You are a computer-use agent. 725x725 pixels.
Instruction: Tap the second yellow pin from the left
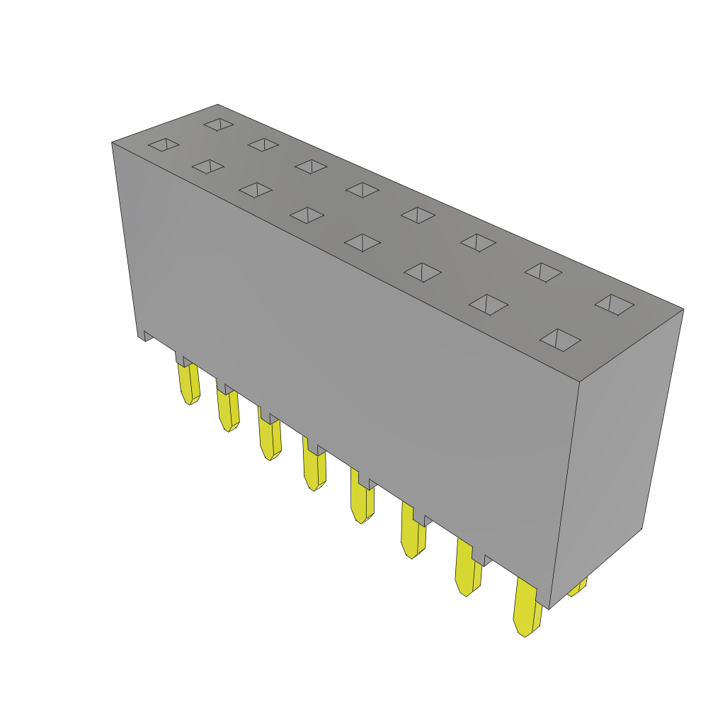pos(228,411)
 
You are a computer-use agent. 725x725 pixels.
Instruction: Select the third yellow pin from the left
pos(270,440)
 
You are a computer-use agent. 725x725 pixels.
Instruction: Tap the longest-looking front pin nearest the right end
pos(526,610)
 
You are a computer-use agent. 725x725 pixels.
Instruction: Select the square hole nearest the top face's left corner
pos(164,144)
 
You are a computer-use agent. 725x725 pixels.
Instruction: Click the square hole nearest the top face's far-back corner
pos(219,125)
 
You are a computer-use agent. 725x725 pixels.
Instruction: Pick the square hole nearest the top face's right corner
pos(615,304)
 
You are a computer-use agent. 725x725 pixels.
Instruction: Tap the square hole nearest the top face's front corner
pos(560,340)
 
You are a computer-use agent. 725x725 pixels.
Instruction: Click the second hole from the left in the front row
pos(208,166)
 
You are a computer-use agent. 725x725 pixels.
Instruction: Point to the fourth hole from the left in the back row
pos(362,190)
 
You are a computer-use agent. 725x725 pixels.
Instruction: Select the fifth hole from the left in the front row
pos(362,243)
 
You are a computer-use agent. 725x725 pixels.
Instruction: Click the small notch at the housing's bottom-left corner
pos(147,336)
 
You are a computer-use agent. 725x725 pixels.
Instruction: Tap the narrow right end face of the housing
pos(616,453)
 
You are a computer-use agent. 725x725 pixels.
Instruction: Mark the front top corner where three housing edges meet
pos(579,382)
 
